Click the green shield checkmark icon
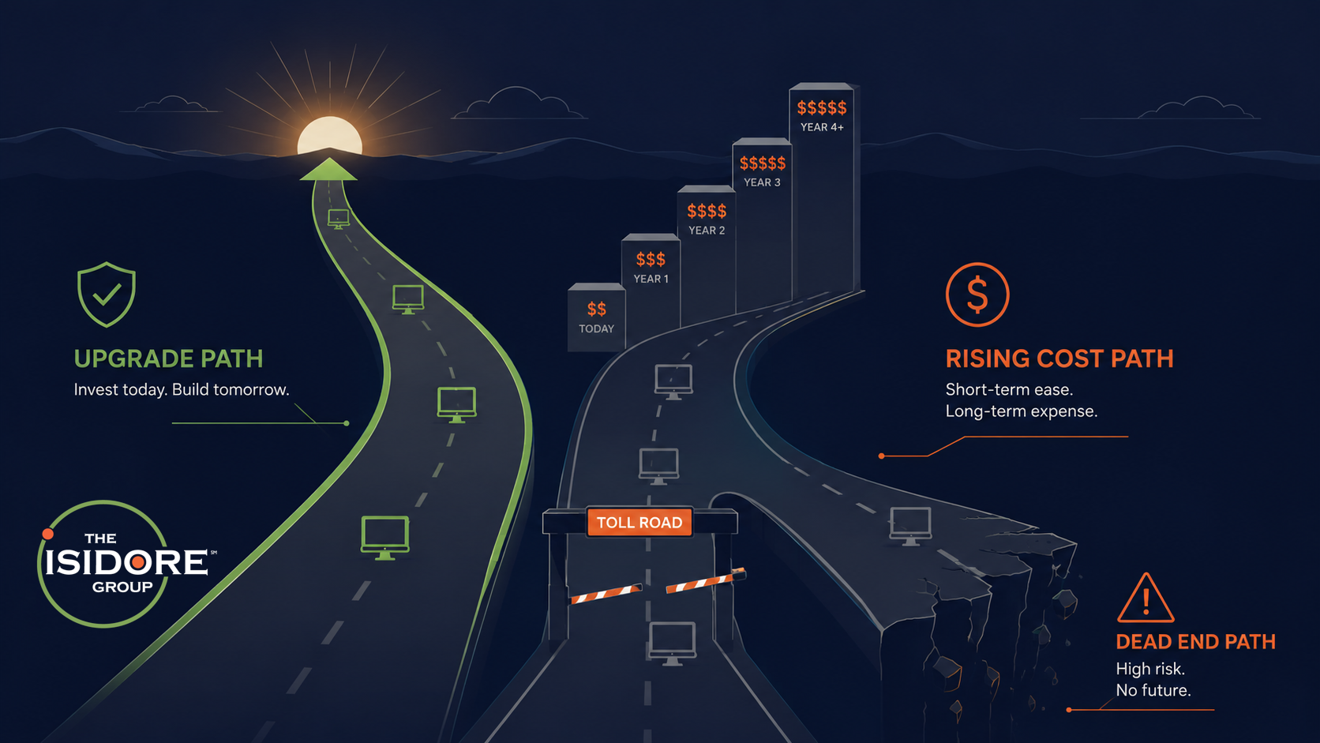[x=106, y=294]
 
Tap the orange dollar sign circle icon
[x=977, y=295]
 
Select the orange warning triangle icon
[x=1145, y=598]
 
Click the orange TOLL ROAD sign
[x=639, y=522]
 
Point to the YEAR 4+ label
[x=822, y=127]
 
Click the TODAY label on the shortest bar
[x=596, y=328]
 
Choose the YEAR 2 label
[x=707, y=231]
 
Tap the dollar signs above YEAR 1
[x=651, y=259]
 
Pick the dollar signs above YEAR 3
[x=763, y=163]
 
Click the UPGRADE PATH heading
[x=168, y=358]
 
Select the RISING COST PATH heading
[x=1059, y=358]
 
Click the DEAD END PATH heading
[x=1196, y=642]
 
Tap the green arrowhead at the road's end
[x=329, y=169]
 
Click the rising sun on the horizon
[x=330, y=136]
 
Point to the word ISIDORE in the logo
[x=126, y=562]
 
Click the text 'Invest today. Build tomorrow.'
[x=182, y=390]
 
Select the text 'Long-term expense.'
[x=1022, y=411]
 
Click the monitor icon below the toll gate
[x=672, y=644]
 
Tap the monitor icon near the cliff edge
[x=910, y=526]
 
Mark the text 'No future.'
[x=1153, y=691]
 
